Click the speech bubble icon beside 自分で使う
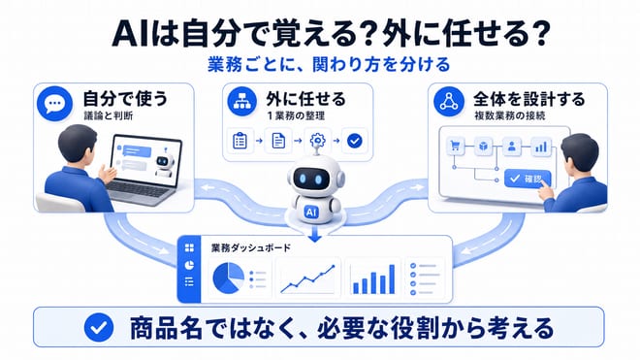[x=54, y=104]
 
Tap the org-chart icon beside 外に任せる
[x=242, y=101]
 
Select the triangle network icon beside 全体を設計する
[x=449, y=101]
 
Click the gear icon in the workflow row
[x=317, y=141]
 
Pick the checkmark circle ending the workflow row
[x=354, y=141]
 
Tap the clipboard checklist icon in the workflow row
[x=240, y=141]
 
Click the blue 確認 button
[x=528, y=179]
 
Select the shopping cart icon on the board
[x=455, y=146]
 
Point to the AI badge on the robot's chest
[x=311, y=213]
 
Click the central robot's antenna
[x=316, y=148]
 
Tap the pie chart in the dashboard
[x=228, y=278]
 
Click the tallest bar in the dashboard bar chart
[x=392, y=279]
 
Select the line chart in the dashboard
[x=308, y=279]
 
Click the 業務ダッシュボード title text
[x=251, y=248]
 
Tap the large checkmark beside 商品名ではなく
[x=99, y=327]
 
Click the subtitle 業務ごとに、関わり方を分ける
[x=329, y=65]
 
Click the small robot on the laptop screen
[x=164, y=164]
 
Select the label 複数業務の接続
[x=509, y=116]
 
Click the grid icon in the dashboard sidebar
[x=189, y=248]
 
